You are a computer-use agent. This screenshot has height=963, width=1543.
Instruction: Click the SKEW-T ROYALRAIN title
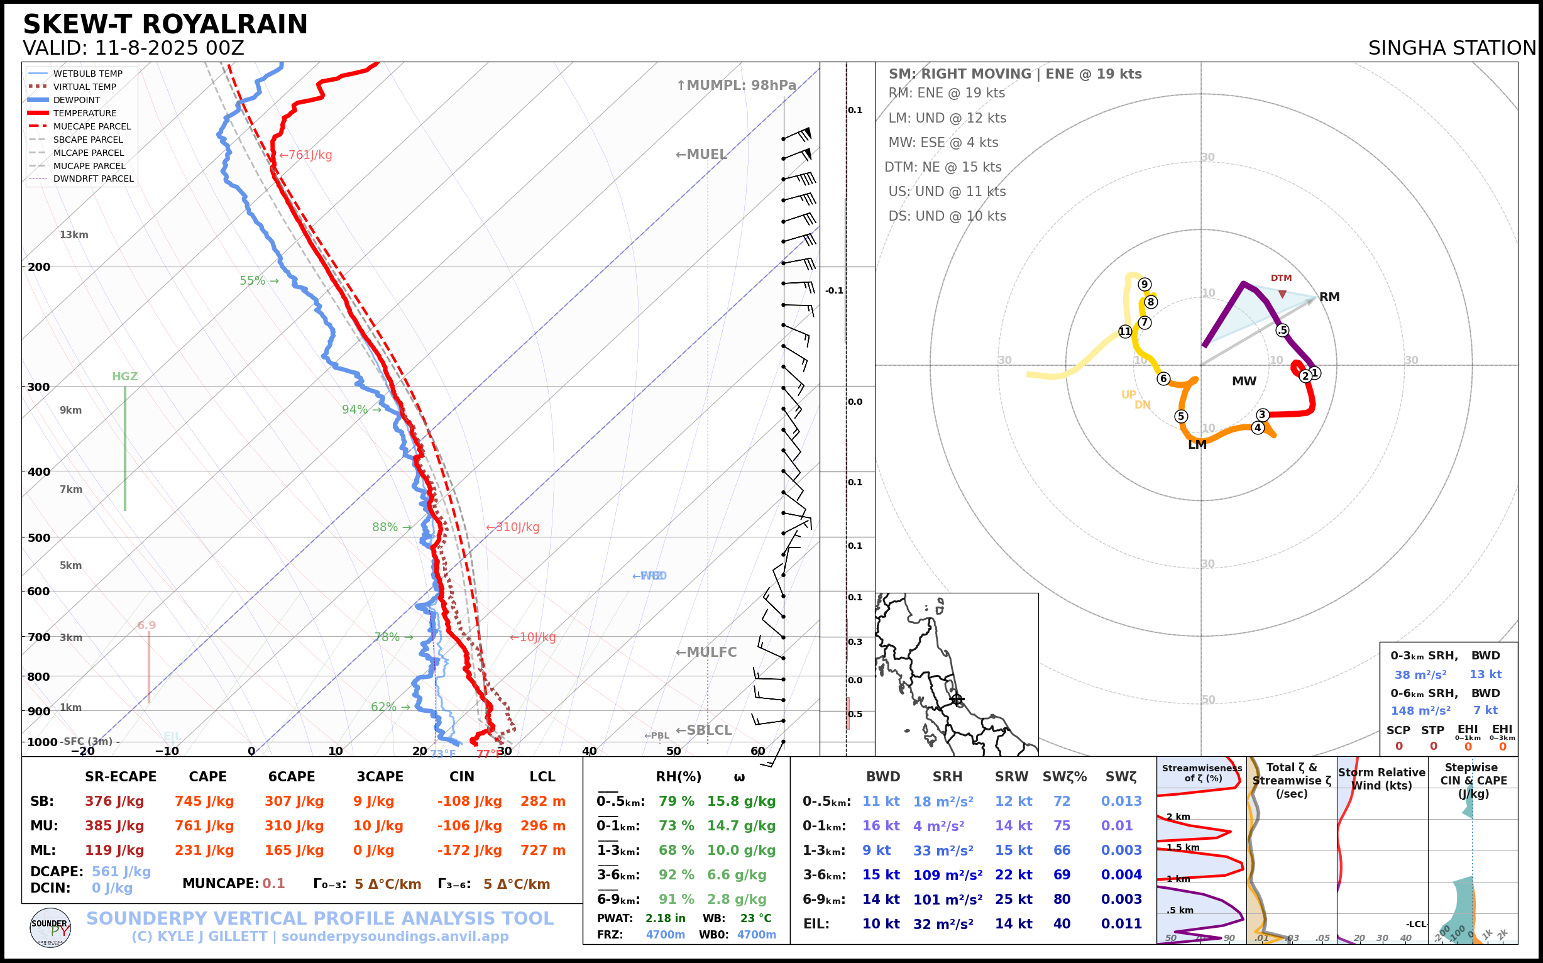165,25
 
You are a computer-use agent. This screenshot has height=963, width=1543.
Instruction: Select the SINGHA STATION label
1451,48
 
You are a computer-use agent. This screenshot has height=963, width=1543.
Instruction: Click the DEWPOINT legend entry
77,100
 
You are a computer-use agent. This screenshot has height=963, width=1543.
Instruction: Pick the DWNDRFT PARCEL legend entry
93,179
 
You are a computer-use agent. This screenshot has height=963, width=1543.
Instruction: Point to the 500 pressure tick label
39,537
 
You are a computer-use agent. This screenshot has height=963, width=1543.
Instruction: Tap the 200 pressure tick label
39,267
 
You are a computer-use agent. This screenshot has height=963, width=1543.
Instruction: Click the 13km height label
74,235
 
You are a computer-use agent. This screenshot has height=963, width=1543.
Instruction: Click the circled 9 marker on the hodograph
1145,285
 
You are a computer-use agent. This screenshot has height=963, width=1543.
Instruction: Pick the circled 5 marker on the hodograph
1180,417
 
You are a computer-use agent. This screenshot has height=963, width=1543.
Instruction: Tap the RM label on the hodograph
1329,297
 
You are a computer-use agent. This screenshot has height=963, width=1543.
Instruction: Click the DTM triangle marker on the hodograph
1282,294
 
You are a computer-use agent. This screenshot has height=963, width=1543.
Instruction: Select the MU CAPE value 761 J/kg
204,826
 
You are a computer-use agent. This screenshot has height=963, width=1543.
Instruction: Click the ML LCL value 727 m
542,850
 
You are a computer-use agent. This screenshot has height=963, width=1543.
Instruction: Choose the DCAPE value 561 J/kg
121,872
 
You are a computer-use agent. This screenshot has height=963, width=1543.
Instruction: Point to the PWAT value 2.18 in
665,918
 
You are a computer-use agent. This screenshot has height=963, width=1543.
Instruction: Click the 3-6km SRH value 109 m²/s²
947,875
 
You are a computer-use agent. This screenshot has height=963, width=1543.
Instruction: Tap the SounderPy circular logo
50,928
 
